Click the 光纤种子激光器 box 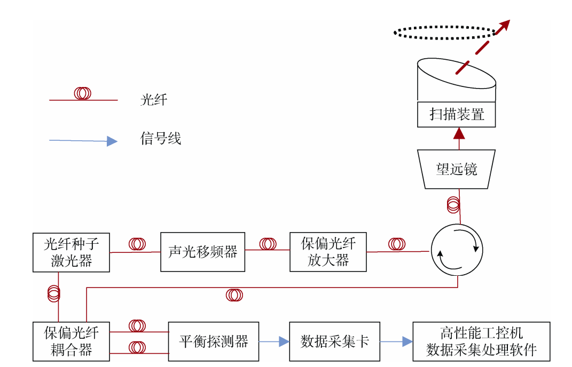[x=71, y=252]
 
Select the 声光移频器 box [x=202, y=252]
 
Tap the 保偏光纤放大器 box [x=328, y=252]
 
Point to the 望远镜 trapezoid [x=457, y=169]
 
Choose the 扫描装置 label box [x=457, y=114]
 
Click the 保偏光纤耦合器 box [x=71, y=341]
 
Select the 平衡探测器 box [x=213, y=341]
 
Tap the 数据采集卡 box [x=334, y=341]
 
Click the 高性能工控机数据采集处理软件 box [x=481, y=341]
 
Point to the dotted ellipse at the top [x=445, y=32]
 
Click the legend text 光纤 [x=154, y=100]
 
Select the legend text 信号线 [x=161, y=139]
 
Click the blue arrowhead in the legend [x=112, y=141]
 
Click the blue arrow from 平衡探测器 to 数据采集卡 [x=274, y=341]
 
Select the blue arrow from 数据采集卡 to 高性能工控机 [x=396, y=341]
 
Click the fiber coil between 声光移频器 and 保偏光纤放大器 [x=268, y=244]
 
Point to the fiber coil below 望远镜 [x=453, y=204]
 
